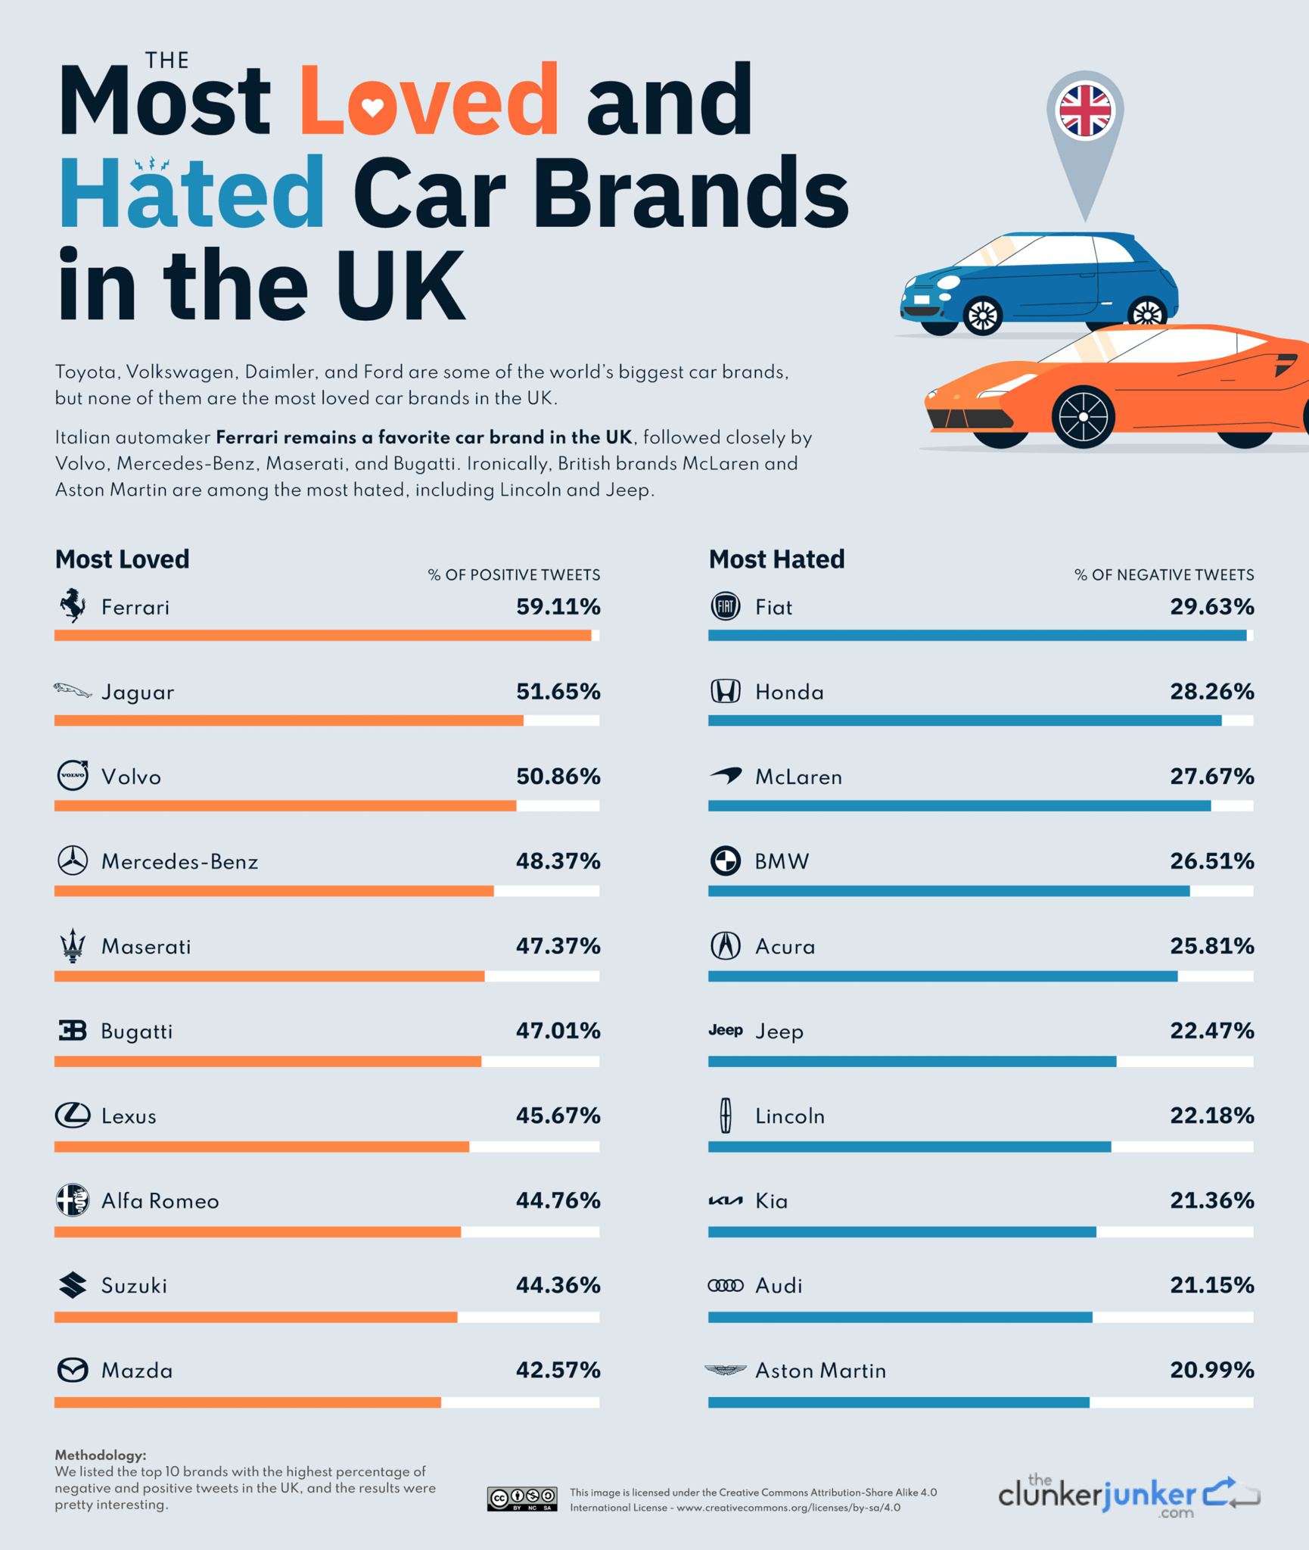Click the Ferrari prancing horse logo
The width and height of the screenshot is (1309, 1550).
coord(73,605)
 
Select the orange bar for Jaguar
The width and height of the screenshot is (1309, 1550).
coord(288,721)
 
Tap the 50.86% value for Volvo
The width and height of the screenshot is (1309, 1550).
coord(558,777)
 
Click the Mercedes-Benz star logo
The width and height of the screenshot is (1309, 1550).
coord(73,861)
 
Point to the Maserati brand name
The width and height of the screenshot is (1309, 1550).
coord(146,947)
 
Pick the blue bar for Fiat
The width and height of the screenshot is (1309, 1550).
coord(976,636)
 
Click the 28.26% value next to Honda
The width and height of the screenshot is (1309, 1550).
coord(1211,692)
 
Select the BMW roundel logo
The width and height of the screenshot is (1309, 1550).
coord(725,861)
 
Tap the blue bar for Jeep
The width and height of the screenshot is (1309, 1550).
coord(912,1062)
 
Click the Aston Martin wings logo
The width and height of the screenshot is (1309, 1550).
coord(725,1370)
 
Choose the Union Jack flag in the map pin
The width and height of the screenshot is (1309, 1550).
coord(1085,111)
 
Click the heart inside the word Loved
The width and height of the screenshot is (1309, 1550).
coord(372,107)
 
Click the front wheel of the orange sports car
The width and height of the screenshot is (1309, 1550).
coord(1083,417)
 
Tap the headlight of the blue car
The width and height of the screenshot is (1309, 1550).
coord(948,283)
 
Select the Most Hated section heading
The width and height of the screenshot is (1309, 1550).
coord(776,559)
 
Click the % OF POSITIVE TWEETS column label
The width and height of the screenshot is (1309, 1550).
coord(514,575)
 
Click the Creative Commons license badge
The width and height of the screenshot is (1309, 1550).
coord(522,1499)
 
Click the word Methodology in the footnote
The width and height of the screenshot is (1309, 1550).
coord(100,1455)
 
